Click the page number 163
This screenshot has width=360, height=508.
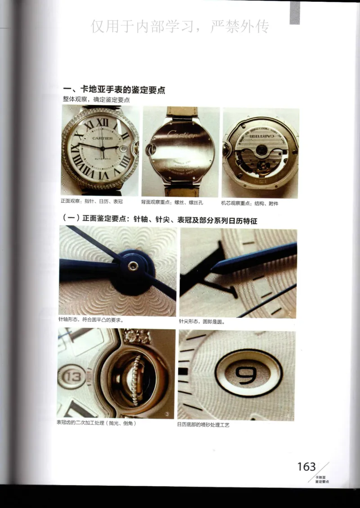306,467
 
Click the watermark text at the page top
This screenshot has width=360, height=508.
180,27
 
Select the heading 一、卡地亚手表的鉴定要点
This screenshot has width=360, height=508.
114,90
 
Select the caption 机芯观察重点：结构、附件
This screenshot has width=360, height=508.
250,203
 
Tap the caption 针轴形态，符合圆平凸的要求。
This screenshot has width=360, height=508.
91,321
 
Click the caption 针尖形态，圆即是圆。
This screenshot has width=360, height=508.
201,322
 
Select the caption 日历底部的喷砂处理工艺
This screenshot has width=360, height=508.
203,424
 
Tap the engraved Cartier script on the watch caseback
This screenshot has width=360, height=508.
181,134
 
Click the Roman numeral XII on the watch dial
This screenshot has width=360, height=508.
103,122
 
